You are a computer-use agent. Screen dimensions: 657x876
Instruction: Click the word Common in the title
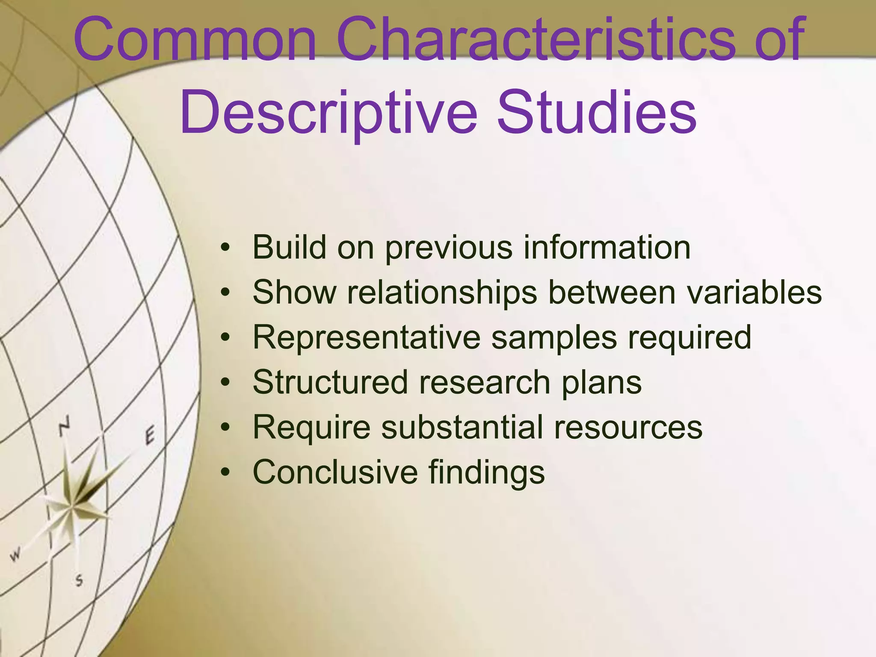(195, 41)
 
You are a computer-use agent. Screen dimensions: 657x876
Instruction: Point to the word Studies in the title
(596, 112)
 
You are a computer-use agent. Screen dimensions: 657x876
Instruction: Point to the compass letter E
(150, 436)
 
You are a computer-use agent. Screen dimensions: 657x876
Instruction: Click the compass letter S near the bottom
(79, 580)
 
